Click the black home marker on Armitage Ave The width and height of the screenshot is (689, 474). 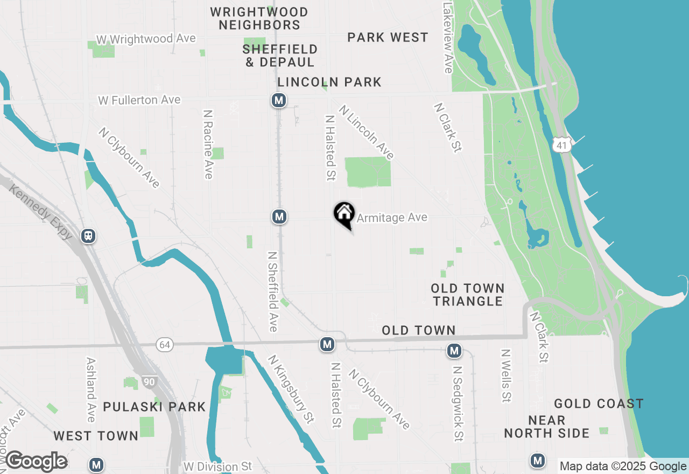(344, 214)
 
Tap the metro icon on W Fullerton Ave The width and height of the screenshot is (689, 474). (278, 100)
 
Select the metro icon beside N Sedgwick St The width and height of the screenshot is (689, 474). (454, 351)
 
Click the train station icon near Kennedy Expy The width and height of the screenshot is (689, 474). (88, 236)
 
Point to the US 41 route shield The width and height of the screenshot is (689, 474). (561, 144)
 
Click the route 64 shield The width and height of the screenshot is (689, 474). (165, 344)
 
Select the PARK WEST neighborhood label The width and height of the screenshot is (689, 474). (388, 38)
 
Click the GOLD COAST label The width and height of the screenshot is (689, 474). (599, 404)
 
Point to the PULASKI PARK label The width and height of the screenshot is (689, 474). (154, 407)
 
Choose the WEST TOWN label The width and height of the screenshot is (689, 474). (96, 436)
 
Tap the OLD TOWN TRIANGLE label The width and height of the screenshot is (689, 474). (468, 295)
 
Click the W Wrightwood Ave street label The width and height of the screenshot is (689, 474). (146, 39)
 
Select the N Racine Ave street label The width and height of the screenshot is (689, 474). (208, 144)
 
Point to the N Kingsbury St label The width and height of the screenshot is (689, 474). (291, 388)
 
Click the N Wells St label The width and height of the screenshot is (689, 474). (505, 375)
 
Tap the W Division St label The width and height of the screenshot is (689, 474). (217, 466)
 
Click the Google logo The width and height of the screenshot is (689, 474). (36, 462)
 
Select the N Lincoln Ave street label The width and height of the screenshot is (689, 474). (367, 133)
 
